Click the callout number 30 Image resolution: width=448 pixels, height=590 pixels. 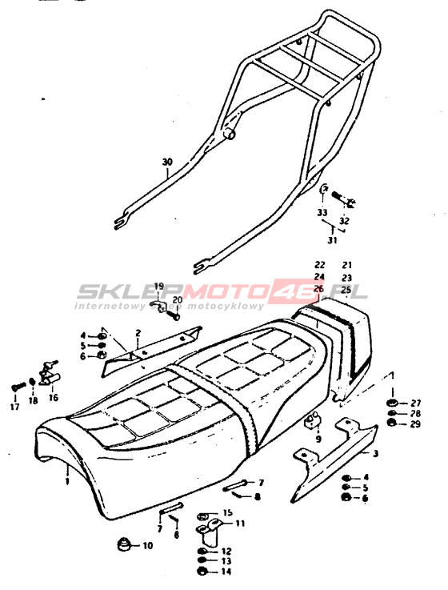(x=167, y=163)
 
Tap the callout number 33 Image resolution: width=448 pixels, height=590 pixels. (x=322, y=213)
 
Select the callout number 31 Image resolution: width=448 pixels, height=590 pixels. (x=332, y=240)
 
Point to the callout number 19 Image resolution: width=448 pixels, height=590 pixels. (x=159, y=285)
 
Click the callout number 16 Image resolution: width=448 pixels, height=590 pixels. (x=54, y=397)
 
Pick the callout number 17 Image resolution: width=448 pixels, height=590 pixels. (x=14, y=407)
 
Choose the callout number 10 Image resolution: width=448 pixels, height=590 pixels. (x=148, y=545)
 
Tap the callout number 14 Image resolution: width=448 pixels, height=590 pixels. (x=226, y=572)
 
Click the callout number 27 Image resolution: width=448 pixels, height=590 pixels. (x=416, y=403)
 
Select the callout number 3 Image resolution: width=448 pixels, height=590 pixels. (x=375, y=453)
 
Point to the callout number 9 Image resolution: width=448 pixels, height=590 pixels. (x=318, y=439)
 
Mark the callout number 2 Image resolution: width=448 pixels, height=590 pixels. (x=138, y=333)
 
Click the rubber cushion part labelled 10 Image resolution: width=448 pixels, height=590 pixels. (x=124, y=544)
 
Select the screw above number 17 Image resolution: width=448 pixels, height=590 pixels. (x=18, y=386)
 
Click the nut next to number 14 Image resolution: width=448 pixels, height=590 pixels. (x=201, y=572)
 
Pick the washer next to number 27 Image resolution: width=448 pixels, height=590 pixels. (x=391, y=403)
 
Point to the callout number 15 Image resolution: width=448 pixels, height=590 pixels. (x=227, y=512)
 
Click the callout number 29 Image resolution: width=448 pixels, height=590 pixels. (x=416, y=424)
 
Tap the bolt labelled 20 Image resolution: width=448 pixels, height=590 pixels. (x=173, y=315)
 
